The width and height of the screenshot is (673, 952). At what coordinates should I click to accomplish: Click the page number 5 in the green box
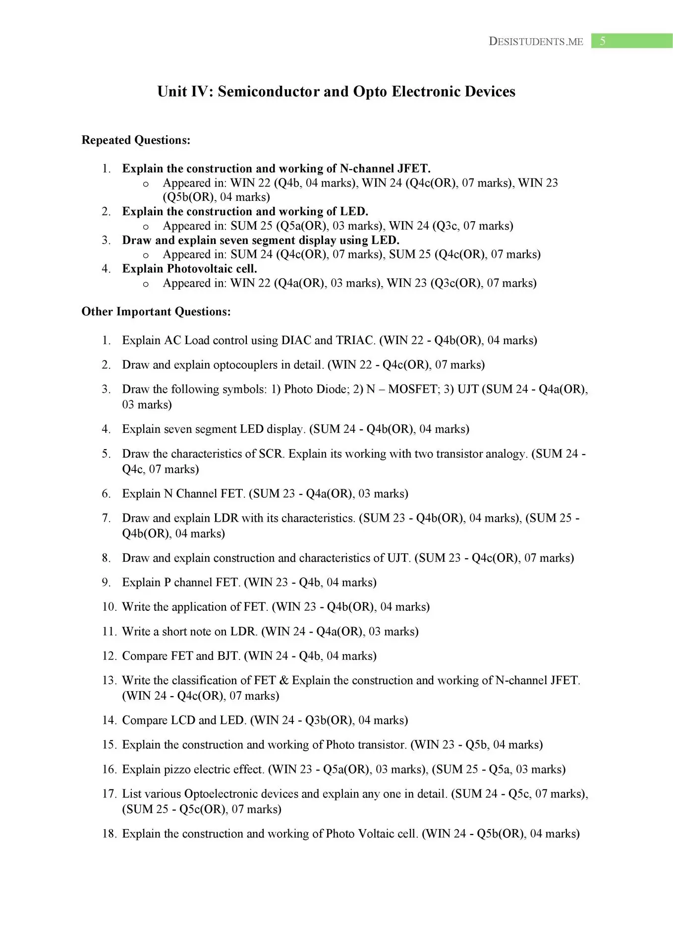point(602,41)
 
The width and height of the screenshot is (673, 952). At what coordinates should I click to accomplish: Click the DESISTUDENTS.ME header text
point(536,42)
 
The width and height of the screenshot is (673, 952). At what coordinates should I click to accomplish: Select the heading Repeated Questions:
point(136,140)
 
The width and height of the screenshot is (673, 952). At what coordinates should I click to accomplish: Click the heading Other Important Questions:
point(156,312)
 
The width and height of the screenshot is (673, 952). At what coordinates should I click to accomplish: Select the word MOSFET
point(412,389)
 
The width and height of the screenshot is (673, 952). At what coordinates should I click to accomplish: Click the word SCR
point(271,454)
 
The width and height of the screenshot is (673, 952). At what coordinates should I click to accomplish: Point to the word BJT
point(228,656)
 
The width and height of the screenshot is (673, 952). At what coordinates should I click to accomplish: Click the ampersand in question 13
point(284,680)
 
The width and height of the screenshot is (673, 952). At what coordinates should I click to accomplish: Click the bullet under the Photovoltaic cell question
point(146,285)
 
